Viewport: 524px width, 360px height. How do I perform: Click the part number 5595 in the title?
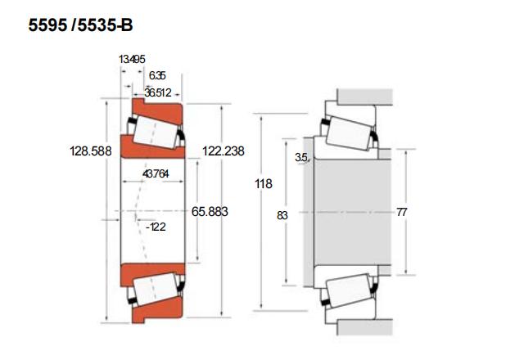pos(47,25)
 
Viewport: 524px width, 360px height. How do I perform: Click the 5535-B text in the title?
pos(106,25)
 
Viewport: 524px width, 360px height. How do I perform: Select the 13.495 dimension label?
pos(132,60)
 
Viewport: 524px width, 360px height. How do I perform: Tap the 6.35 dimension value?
pos(157,75)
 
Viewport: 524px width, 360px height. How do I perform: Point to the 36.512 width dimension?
pos(158,92)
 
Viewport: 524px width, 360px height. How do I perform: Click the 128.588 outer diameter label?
pos(91,151)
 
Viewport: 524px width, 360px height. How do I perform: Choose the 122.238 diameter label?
pos(224,151)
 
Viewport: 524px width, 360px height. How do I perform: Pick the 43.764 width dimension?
pos(156,174)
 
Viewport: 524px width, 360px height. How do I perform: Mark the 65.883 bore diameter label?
pos(210,212)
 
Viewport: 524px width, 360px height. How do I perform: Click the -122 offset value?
pos(156,227)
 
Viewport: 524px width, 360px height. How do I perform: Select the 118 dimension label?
pos(264,183)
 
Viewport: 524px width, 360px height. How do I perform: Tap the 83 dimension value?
pos(282,216)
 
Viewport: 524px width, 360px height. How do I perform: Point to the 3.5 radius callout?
pos(300,157)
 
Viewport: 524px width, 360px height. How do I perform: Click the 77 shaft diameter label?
pos(402,212)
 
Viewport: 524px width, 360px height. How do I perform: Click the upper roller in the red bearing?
pos(155,132)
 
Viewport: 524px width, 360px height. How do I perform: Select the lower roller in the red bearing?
pos(155,289)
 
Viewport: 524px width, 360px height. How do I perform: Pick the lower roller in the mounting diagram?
pos(348,290)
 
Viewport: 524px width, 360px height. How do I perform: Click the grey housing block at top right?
pos(364,97)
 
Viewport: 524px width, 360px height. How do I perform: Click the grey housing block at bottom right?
pos(364,327)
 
